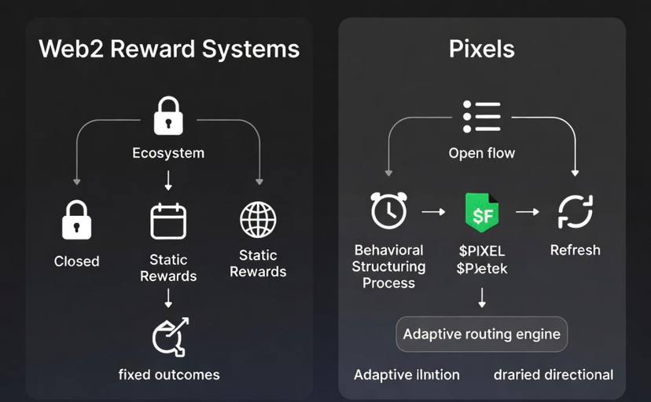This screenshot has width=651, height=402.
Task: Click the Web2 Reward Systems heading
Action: point(169,49)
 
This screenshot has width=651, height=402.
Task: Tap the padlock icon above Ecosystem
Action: point(167,116)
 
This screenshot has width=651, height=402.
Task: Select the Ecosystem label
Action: point(167,153)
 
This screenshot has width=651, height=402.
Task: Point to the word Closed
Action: point(76,261)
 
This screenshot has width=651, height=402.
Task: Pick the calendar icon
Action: point(168,221)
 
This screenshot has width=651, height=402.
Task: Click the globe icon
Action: point(258,219)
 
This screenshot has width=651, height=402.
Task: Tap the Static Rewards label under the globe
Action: point(258,263)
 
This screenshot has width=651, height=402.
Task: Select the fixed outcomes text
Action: point(169,374)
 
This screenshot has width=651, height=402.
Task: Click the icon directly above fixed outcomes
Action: point(169,336)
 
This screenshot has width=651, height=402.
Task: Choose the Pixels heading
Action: point(481,49)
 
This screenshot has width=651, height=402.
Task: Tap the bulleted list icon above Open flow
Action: point(481,116)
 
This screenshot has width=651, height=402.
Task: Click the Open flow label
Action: point(481,153)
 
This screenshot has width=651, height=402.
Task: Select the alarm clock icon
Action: point(388,211)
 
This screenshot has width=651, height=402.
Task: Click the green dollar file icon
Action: point(482,213)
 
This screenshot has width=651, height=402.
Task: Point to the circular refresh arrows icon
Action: point(575,212)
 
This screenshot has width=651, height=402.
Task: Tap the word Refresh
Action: point(575,250)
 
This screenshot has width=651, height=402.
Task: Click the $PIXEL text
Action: point(481,251)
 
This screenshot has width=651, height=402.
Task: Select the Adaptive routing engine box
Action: point(481,334)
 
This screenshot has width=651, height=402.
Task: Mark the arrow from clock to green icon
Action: point(434,212)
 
